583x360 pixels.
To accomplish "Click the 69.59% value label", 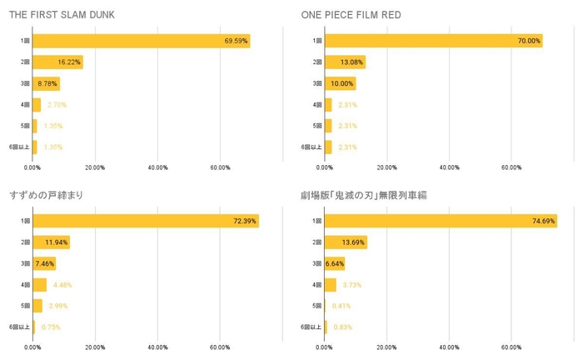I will [236, 41].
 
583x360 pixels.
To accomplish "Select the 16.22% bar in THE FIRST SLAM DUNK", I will [57, 62].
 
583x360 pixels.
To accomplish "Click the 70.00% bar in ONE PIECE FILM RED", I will [433, 41].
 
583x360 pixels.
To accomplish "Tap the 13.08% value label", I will [353, 62].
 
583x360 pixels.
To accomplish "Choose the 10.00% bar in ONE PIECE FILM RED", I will [341, 83].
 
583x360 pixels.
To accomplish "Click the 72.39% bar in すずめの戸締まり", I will [146, 222].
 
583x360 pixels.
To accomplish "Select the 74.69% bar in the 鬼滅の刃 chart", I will [441, 222].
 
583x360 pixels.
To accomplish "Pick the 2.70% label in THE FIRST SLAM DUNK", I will [57, 104].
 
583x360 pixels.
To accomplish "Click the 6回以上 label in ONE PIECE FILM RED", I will [311, 147].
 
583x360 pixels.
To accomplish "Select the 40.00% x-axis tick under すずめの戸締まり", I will [157, 347].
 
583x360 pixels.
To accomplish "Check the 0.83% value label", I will [344, 327].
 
